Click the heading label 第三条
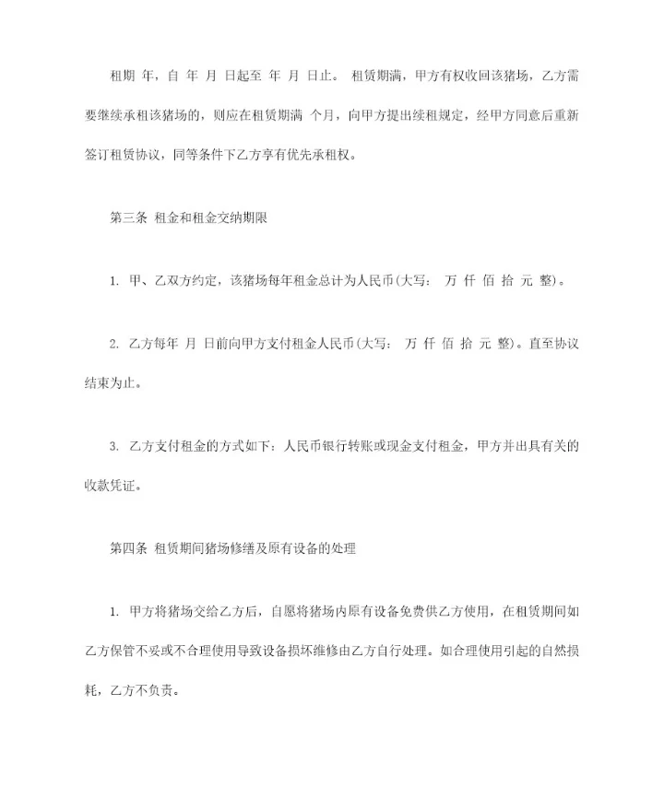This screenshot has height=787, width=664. (125, 217)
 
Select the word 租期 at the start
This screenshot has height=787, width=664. (124, 76)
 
